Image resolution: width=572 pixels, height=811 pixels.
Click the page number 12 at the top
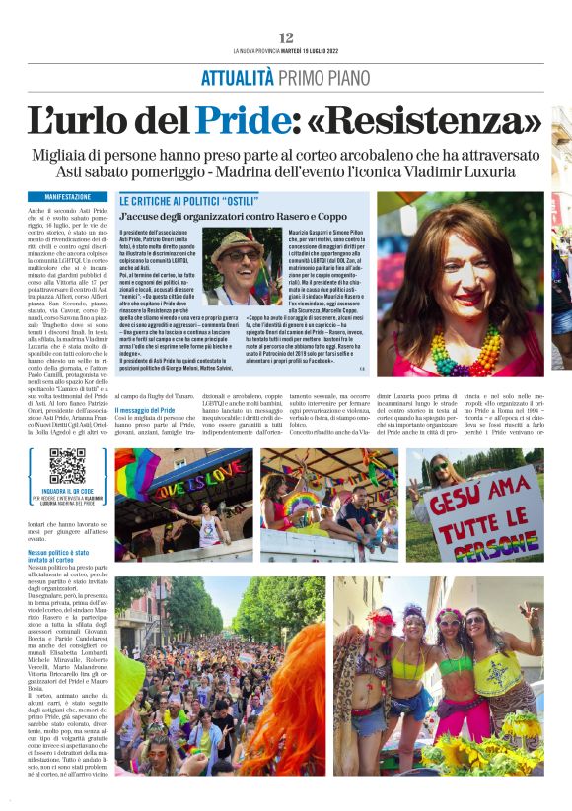pos(286,37)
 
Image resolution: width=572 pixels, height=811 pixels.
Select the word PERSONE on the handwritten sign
pos(508,541)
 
